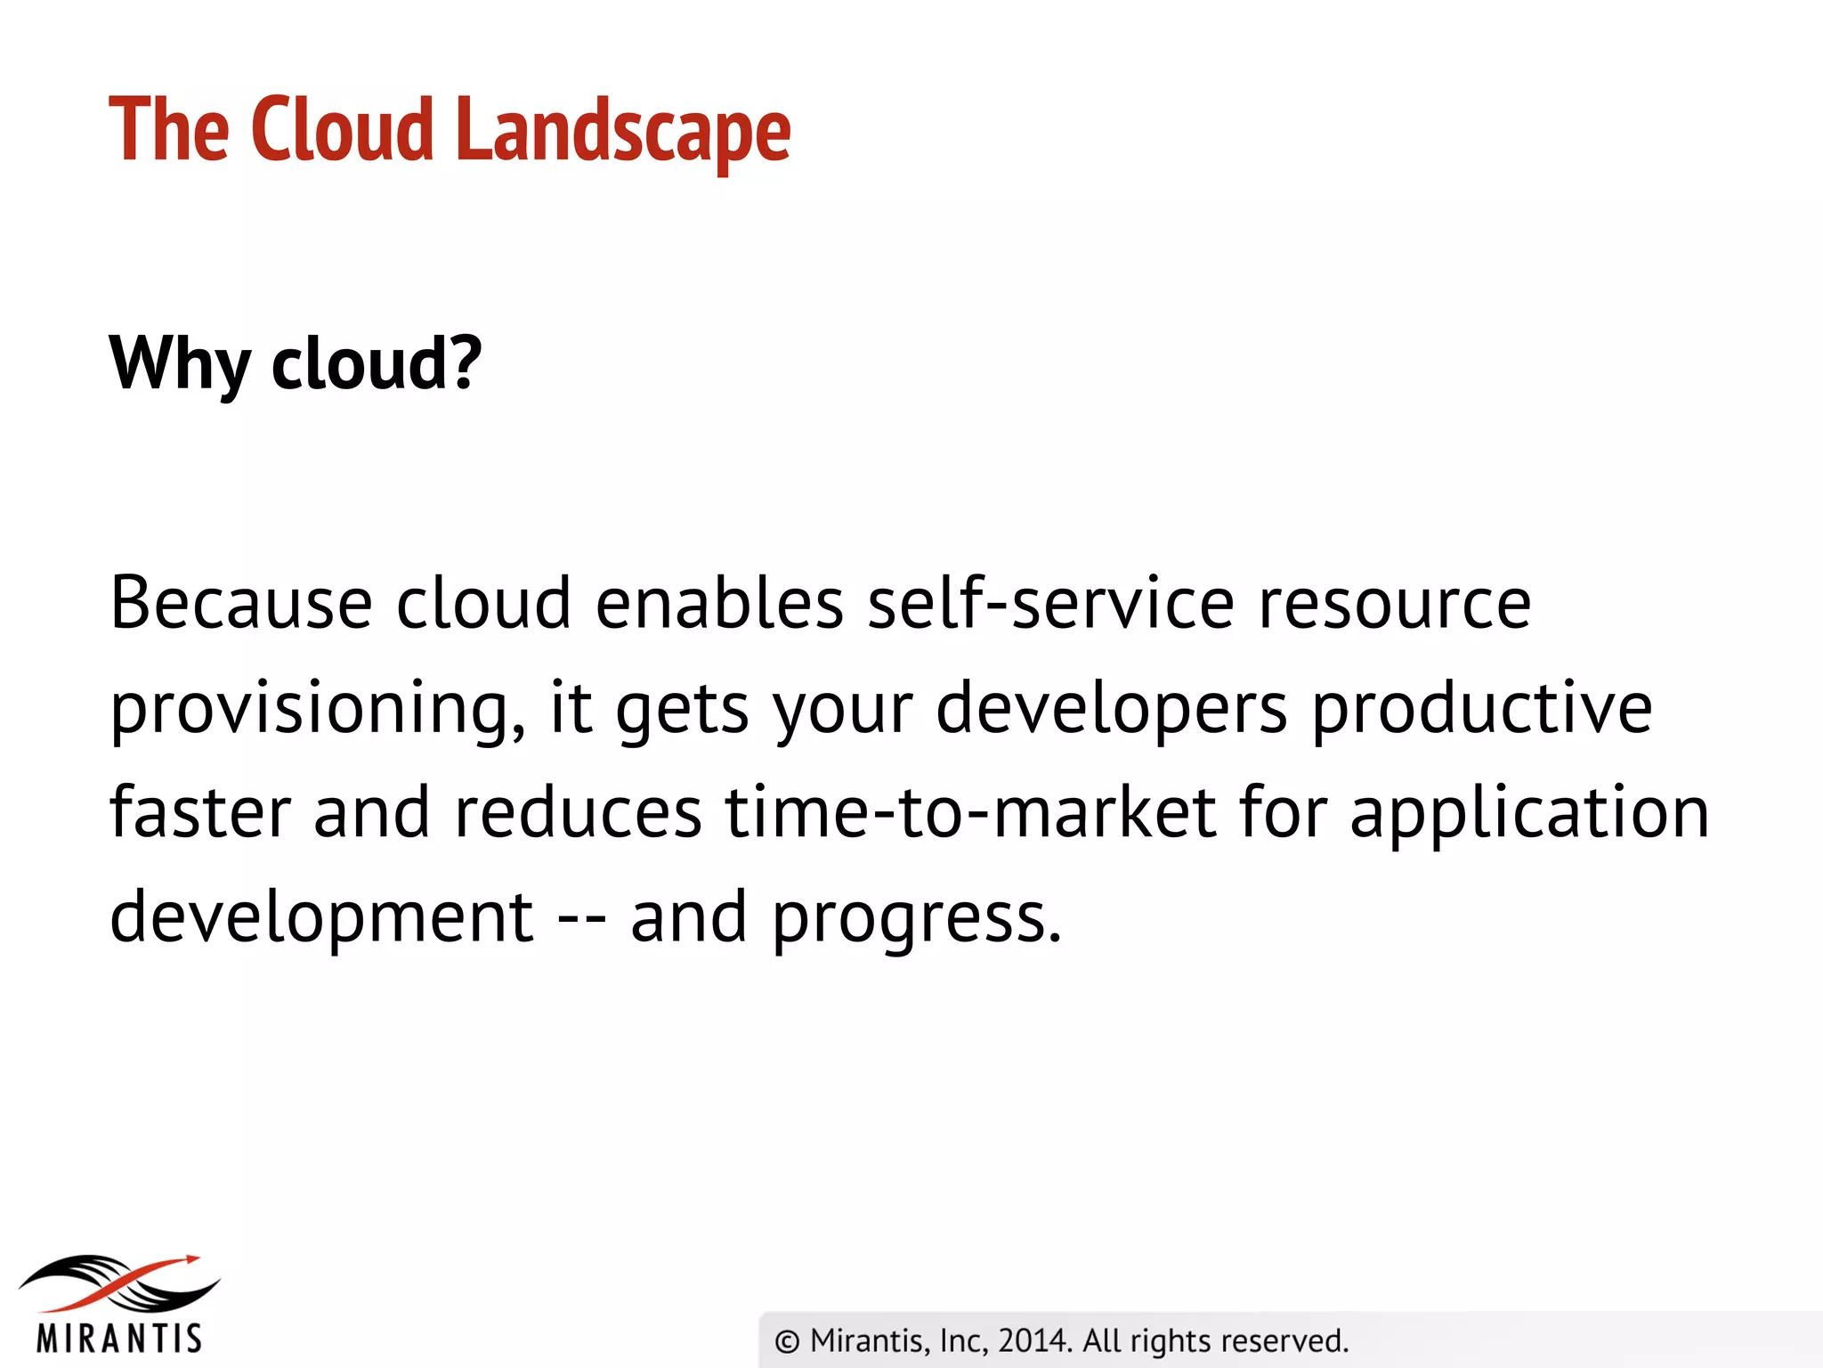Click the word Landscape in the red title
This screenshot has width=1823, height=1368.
pyautogui.click(x=622, y=131)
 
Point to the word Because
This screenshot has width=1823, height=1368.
pyautogui.click(x=240, y=603)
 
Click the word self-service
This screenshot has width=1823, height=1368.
pyautogui.click(x=1050, y=603)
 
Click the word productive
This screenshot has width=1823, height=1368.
pyautogui.click(x=1482, y=709)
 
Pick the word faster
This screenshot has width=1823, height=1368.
pyautogui.click(x=200, y=812)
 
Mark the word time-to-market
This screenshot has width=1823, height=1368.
pyautogui.click(x=970, y=812)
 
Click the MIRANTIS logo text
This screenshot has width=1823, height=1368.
pyautogui.click(x=119, y=1338)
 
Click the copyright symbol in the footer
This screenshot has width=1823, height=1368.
pyautogui.click(x=787, y=1341)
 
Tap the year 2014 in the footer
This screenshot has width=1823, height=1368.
pyautogui.click(x=1033, y=1340)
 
